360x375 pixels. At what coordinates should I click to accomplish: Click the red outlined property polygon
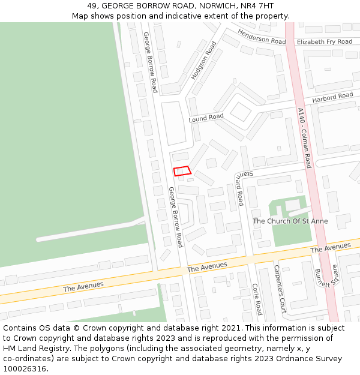click(x=182, y=171)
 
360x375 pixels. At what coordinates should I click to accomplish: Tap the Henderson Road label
click(x=261, y=37)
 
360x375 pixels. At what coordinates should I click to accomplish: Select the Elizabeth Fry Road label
click(x=325, y=42)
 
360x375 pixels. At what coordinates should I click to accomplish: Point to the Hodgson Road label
click(x=203, y=61)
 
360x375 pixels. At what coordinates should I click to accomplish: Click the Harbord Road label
click(x=332, y=97)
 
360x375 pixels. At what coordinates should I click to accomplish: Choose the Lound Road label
click(x=206, y=118)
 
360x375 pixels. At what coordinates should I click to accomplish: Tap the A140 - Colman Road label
click(x=304, y=137)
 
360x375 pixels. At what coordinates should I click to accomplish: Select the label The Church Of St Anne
click(x=290, y=221)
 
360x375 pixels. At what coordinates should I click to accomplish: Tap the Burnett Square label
click(x=326, y=278)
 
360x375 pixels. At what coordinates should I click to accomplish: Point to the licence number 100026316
click(x=25, y=369)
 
